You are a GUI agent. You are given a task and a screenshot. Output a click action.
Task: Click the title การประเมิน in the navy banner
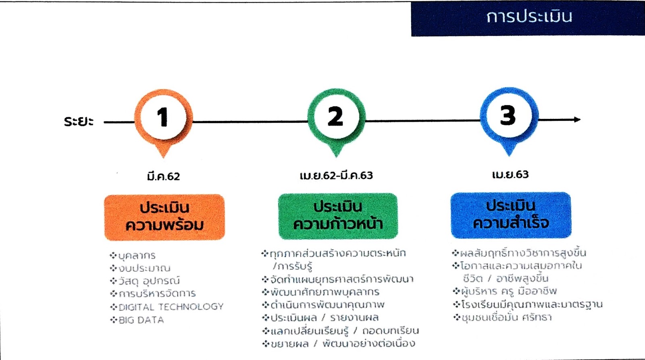point(529,17)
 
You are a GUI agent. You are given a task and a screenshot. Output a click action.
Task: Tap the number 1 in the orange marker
point(163,117)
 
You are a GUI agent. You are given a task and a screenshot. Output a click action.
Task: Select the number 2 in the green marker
point(336,117)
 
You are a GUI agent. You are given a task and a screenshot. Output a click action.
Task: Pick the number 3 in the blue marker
point(508,116)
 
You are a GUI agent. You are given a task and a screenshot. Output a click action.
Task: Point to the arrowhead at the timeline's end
point(577,119)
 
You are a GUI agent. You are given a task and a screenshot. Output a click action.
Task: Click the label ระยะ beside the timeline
point(79,121)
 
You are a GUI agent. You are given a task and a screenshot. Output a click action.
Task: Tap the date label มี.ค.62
point(163,177)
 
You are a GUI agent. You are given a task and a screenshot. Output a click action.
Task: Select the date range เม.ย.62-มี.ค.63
point(336,175)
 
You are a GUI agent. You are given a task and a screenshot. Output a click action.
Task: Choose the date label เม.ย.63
point(510,175)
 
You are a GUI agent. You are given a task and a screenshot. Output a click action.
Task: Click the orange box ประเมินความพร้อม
point(164,217)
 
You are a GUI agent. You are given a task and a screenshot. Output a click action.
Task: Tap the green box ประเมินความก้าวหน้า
point(338,216)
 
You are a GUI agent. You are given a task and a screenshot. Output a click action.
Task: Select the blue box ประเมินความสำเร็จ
point(511,215)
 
